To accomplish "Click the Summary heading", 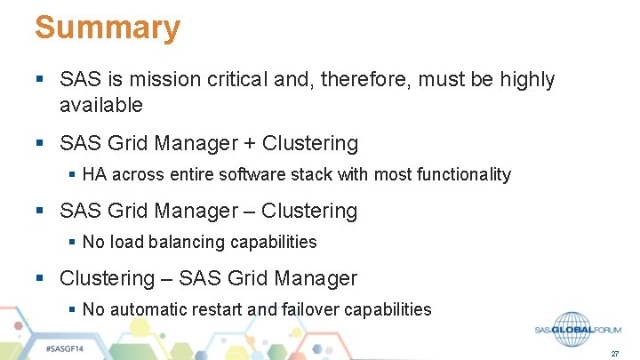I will (108, 28).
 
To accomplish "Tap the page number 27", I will (614, 354).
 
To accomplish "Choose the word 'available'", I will (100, 105).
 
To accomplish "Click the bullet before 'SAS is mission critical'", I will (40, 80).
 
